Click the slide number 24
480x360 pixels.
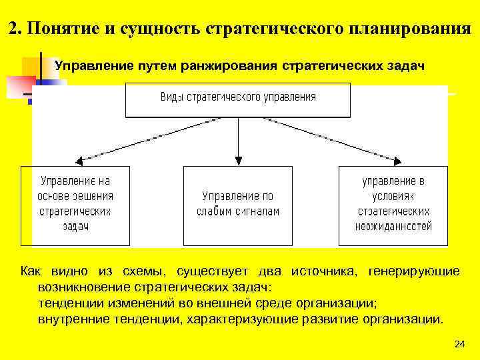coord(459,343)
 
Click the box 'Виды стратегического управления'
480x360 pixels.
coord(238,100)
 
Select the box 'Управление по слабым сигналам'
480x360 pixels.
coord(238,204)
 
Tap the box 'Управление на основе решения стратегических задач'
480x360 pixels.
coord(76,204)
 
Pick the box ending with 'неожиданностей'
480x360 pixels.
coord(394,204)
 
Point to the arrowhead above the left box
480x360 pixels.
coord(79,161)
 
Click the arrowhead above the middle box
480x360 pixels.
coord(238,161)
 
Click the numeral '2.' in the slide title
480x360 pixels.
coord(16,29)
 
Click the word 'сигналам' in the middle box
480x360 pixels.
coord(257,211)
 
